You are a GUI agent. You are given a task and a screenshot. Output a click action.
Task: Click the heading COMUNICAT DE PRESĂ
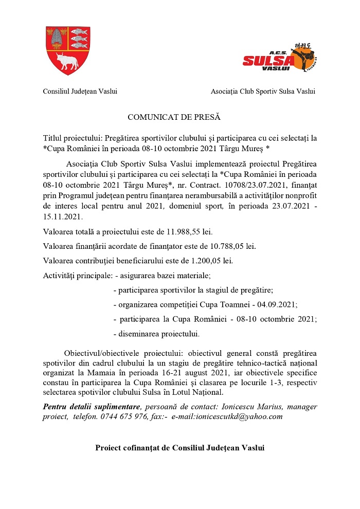[x=174, y=118]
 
